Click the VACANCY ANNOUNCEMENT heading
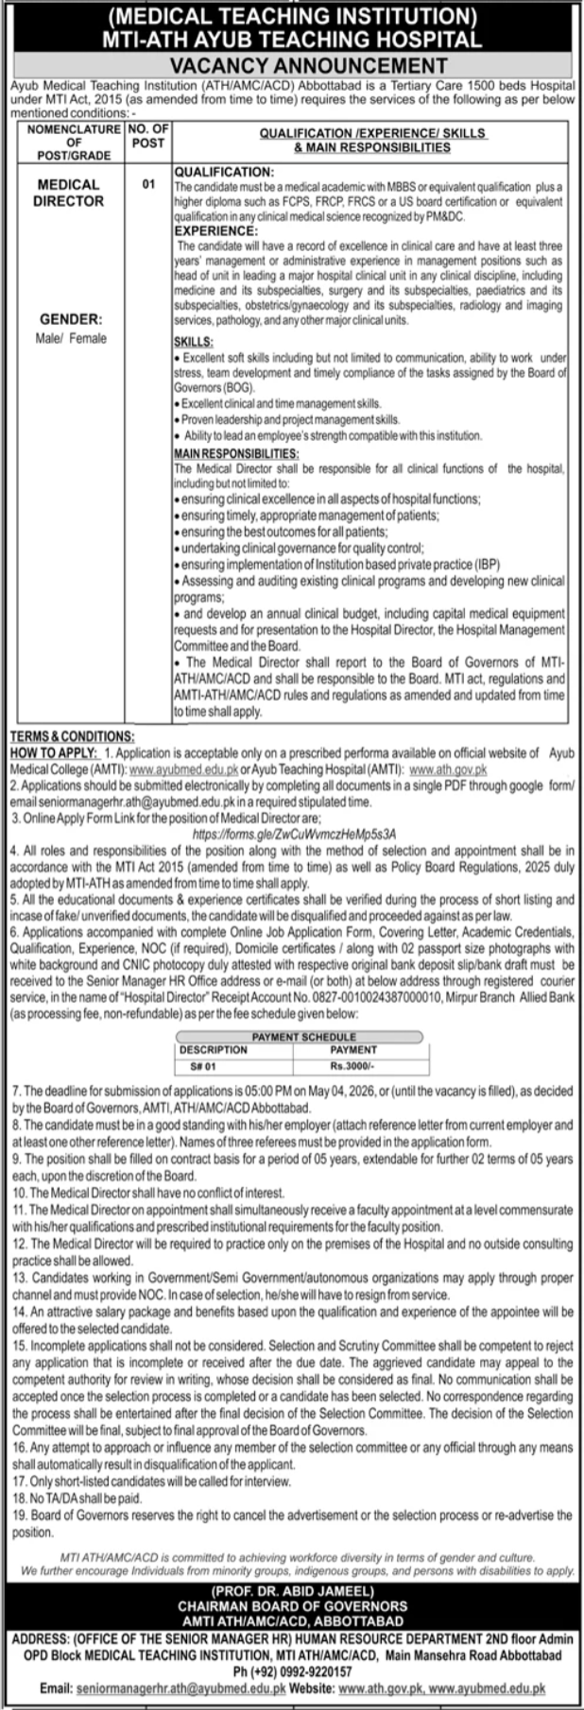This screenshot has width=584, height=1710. click(292, 64)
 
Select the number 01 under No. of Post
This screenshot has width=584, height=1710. click(148, 185)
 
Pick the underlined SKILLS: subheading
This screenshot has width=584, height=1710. click(194, 342)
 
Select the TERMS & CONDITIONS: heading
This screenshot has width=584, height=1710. click(71, 736)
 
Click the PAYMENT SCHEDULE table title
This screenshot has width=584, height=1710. click(293, 1037)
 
